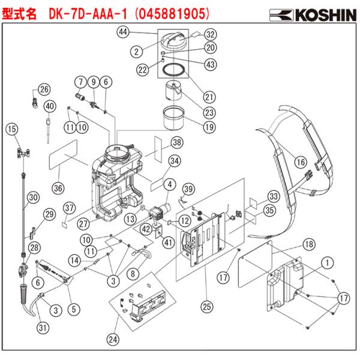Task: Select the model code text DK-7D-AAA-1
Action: click(x=94, y=12)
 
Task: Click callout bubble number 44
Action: click(x=122, y=31)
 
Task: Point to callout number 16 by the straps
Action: click(x=300, y=161)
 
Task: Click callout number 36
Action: click(x=58, y=188)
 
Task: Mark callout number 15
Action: click(x=11, y=128)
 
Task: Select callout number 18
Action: click(x=308, y=245)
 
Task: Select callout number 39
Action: click(x=188, y=189)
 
